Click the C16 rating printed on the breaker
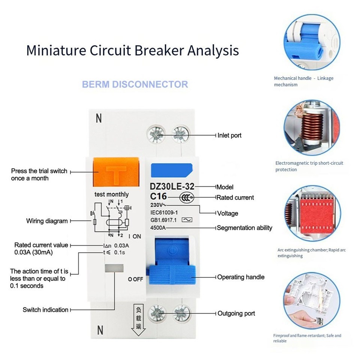[x=158, y=196]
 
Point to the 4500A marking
[x=158, y=228]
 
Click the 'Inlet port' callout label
[x=229, y=135]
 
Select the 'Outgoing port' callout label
[x=236, y=313]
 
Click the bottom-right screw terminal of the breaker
[x=182, y=313]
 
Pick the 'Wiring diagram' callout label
[x=47, y=221]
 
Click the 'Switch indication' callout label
[x=45, y=310]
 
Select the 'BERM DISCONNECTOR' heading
[x=135, y=84]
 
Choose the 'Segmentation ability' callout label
[x=244, y=228]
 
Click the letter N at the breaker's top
[x=99, y=118]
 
